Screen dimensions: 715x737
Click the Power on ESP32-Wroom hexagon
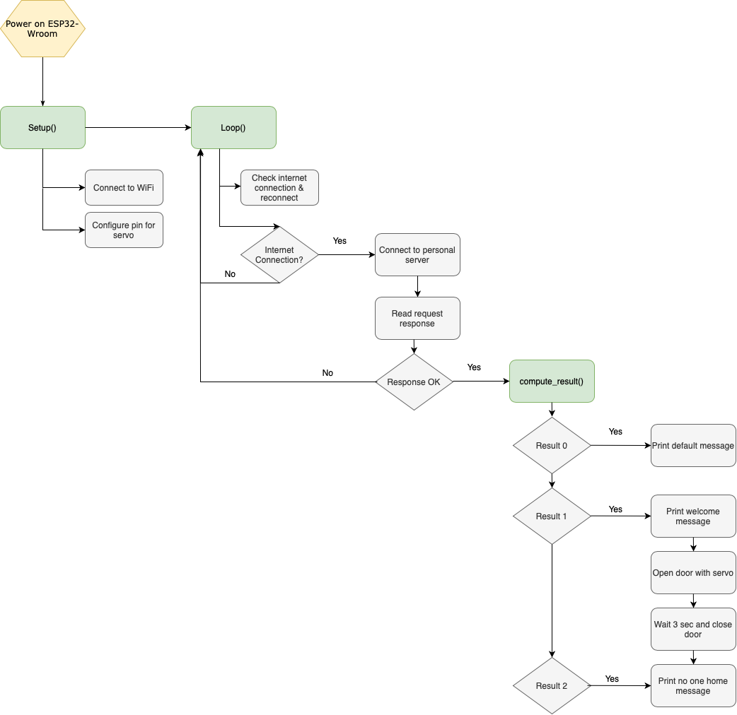42,29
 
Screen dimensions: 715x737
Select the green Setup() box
42,128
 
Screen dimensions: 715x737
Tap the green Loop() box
233,128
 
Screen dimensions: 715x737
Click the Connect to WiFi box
124,188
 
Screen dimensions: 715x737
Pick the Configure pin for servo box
124,230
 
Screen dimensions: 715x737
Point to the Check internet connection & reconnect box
279,188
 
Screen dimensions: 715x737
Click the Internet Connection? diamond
279,255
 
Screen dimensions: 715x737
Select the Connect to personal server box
417,255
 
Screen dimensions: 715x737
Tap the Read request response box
417,319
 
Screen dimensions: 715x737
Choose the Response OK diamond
414,382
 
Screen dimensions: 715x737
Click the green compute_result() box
552,382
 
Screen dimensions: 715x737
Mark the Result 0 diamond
551,446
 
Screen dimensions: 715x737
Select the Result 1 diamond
551,516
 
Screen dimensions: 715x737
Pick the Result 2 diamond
551,686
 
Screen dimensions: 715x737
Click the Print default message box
693,446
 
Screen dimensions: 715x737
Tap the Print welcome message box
693,516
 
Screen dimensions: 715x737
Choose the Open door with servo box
693,573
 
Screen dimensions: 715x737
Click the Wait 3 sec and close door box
693,630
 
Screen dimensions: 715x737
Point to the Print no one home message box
693,686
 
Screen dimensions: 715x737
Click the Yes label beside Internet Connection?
340,241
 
